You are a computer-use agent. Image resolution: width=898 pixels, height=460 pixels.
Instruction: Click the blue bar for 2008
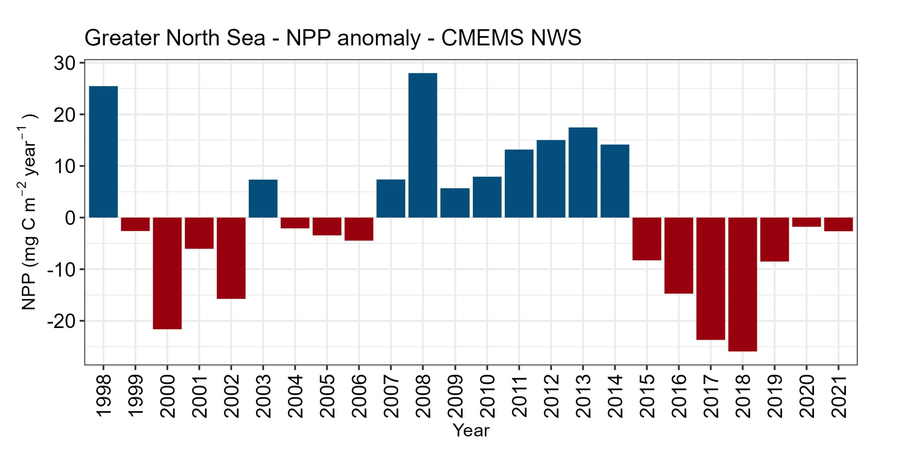(x=422, y=145)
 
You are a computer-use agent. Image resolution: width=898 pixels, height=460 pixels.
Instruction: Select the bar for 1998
(x=103, y=151)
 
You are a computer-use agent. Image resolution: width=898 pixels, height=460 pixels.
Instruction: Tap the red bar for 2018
(x=742, y=284)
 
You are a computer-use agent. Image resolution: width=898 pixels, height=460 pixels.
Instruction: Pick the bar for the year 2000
(x=167, y=273)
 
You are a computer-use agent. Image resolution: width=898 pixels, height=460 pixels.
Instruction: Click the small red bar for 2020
(x=806, y=222)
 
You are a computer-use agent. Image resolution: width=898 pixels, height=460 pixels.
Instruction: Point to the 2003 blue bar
(x=263, y=198)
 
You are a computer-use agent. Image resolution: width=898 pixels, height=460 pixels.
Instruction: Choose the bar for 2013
(x=582, y=172)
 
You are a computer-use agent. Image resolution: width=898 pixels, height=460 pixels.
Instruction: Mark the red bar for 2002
(x=231, y=258)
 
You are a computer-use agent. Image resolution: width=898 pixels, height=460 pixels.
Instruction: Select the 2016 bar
(x=679, y=255)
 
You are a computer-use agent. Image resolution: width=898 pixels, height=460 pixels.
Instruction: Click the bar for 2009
(x=455, y=203)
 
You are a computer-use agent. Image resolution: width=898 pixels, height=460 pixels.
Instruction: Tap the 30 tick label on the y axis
(x=64, y=63)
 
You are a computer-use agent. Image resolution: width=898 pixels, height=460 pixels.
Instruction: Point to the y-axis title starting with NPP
(x=29, y=212)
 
